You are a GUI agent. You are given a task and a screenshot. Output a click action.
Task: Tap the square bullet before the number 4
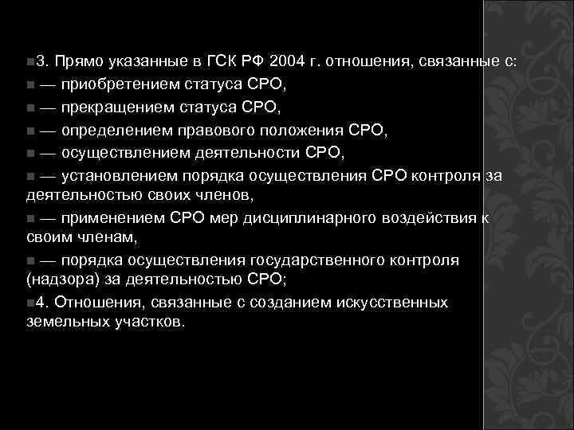coord(29,303)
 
